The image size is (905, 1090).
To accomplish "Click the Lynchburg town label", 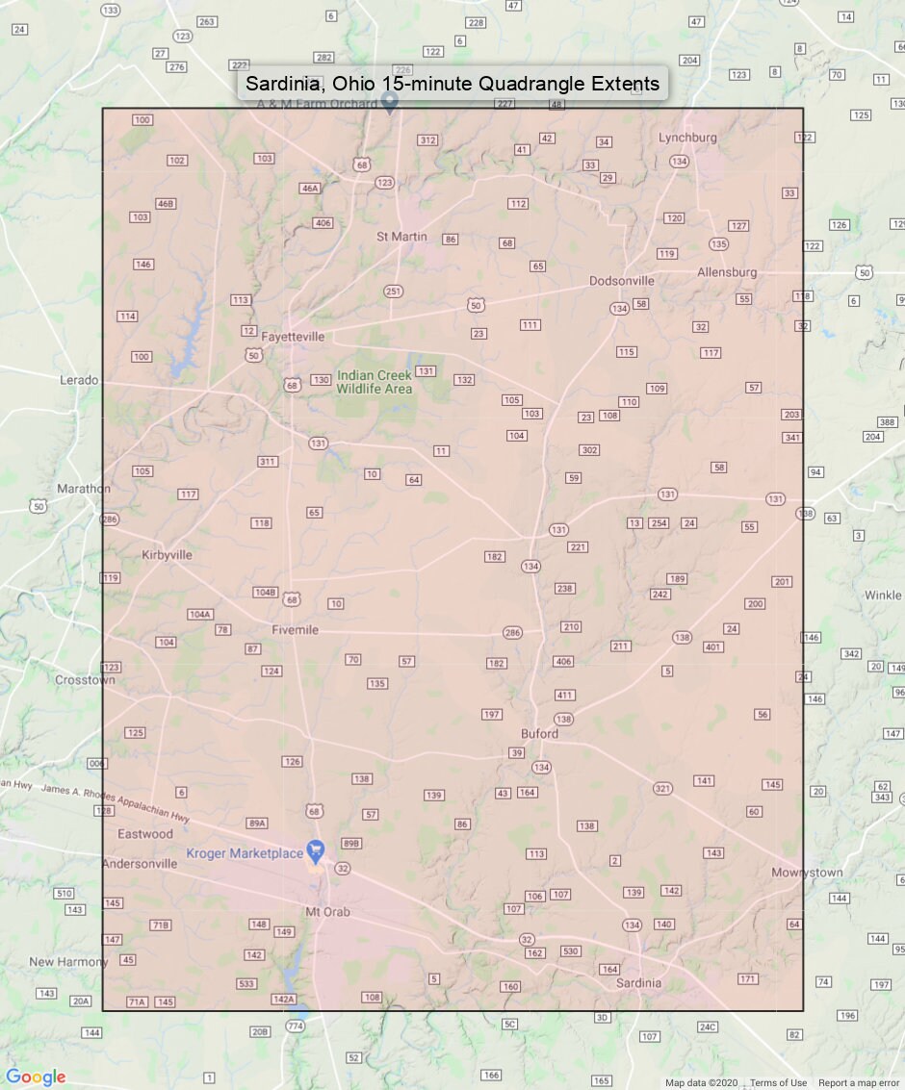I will point(687,138).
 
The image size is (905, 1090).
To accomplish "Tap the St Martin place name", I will point(401,236).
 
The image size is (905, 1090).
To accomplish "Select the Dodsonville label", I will point(621,281).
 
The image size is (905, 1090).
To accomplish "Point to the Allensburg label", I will point(727,272).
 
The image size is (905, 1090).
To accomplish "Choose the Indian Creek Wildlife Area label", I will point(374,382).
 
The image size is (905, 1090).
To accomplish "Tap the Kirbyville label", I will point(167,555).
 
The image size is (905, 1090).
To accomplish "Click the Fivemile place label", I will point(295,630).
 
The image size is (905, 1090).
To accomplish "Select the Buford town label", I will point(539,733).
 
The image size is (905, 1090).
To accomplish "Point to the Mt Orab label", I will point(327,912).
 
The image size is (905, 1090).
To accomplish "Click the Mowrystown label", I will point(807,873).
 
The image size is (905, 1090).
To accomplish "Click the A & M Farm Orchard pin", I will point(389,105).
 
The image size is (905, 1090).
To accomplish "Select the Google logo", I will point(36,1077).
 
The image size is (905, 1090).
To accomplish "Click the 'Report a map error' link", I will point(859,1083).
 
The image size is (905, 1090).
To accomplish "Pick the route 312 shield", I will point(427,140).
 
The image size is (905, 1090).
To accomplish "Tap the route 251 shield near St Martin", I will point(393,292).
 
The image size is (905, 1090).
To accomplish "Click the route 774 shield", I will point(296,1027).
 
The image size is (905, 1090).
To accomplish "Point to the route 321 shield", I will point(662,789).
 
